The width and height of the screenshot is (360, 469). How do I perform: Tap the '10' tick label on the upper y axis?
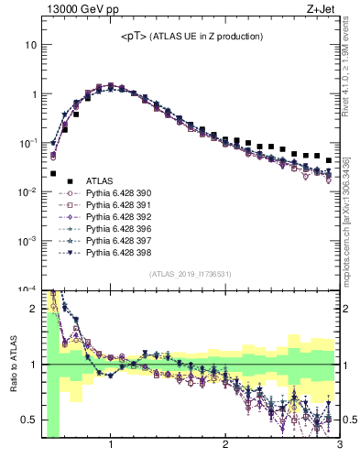[x=31, y=45]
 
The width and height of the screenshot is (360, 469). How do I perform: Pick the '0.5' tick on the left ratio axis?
[x=29, y=420]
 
